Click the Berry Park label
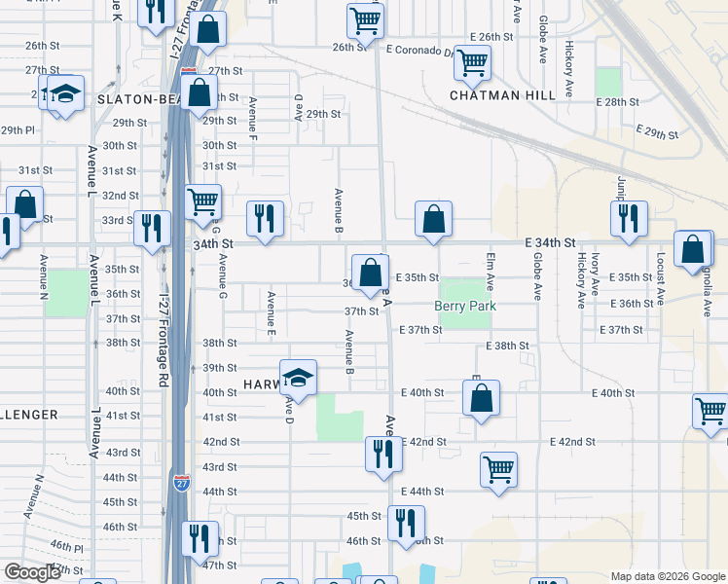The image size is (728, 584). click(x=465, y=306)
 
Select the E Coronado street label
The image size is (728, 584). click(x=419, y=50)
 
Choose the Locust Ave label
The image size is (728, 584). click(x=660, y=278)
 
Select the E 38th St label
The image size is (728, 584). click(x=507, y=347)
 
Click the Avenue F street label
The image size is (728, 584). click(x=252, y=115)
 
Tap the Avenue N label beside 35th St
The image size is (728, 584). click(x=44, y=277)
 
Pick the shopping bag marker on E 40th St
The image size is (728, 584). click(x=482, y=398)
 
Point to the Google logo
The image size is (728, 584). click(x=31, y=572)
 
